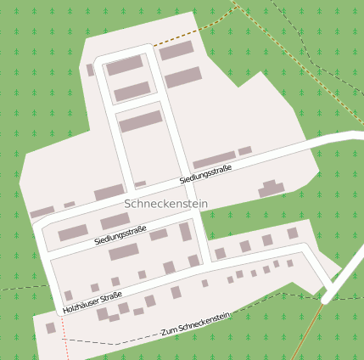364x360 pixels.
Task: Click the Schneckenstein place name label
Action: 165,204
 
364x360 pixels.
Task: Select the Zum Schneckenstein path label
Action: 196,324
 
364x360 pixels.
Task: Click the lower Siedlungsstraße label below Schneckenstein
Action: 120,235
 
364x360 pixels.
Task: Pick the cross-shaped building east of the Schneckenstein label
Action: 272,188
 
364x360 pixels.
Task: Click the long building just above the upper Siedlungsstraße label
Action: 214,160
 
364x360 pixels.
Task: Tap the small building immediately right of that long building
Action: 245,151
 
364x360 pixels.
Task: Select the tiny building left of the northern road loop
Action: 90,70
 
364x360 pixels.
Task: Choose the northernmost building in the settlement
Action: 176,51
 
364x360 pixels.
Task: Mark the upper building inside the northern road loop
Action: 125,65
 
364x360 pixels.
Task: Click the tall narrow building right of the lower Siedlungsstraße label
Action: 185,232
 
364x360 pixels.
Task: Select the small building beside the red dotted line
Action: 51,328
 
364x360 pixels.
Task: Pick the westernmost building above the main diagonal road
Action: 42,212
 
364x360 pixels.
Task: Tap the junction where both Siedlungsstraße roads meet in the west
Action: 36,226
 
